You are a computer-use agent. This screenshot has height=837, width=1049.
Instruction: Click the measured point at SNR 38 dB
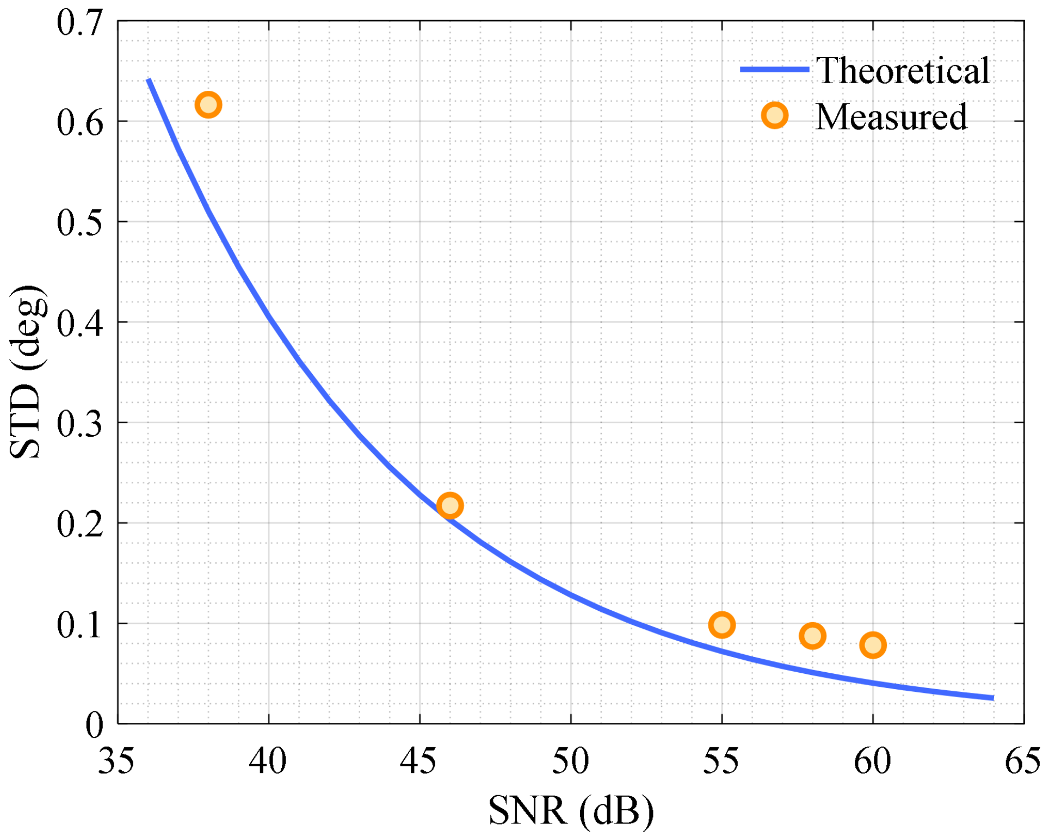tap(208, 104)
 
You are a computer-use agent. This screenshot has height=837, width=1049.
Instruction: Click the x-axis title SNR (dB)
tap(571, 811)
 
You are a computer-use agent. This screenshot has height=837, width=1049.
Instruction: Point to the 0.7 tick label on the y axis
tap(80, 24)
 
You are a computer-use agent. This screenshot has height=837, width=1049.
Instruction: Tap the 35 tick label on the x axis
tap(116, 761)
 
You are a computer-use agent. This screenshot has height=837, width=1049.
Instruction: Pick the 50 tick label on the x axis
tap(571, 761)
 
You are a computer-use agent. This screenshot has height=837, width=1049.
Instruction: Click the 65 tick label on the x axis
tap(1023, 761)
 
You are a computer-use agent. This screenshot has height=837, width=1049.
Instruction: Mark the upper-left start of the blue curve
tap(149, 80)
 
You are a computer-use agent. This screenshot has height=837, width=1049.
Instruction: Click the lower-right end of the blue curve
tap(994, 698)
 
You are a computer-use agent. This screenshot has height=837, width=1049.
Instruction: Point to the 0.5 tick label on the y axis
tap(80, 223)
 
